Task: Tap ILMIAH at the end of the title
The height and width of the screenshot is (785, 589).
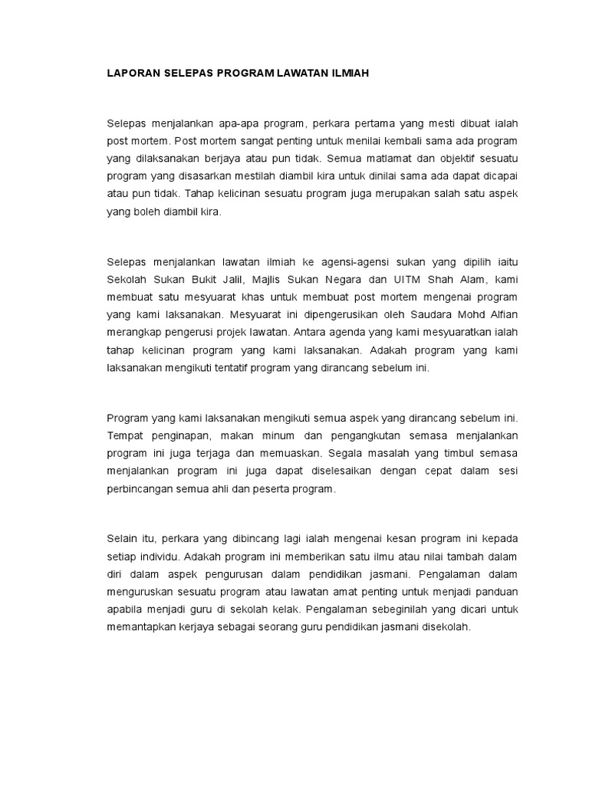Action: [x=348, y=74]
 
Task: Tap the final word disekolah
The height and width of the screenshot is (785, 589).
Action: [x=443, y=626]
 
